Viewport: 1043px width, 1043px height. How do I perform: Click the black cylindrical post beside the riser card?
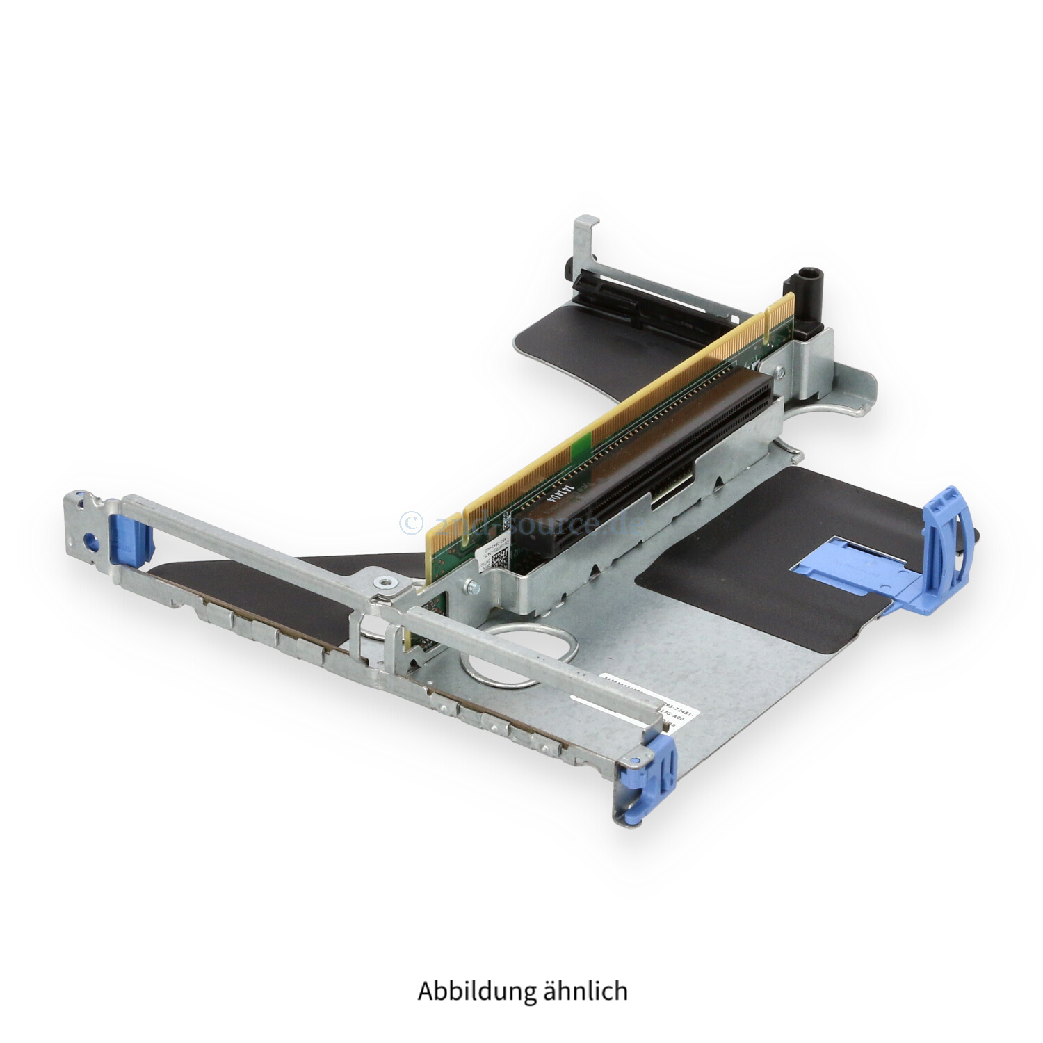(x=808, y=296)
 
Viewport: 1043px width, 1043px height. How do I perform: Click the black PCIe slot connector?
(x=640, y=473)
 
